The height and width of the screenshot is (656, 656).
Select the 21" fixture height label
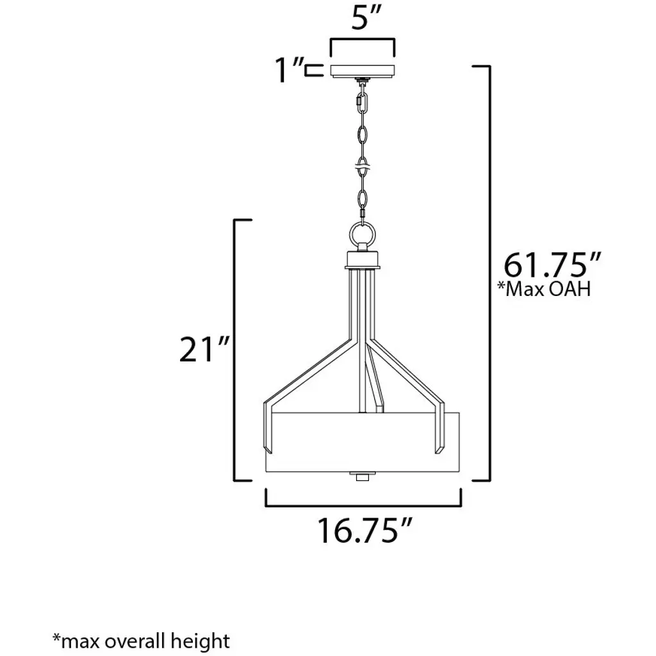204,348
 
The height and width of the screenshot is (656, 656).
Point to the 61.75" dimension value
552,265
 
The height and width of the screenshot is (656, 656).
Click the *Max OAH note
543,289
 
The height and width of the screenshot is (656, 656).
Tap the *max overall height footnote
141,641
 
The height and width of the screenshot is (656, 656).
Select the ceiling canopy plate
363,71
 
